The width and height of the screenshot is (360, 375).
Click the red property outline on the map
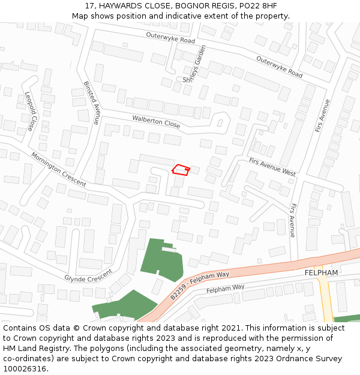click(181, 170)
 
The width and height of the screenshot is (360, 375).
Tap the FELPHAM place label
click(322, 272)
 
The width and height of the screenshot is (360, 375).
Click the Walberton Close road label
click(156, 121)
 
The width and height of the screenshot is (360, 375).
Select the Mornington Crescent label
click(58, 169)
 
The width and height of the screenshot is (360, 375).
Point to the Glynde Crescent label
click(88, 275)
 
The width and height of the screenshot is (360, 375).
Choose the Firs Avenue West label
click(272, 166)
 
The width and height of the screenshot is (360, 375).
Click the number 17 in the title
click(90, 5)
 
